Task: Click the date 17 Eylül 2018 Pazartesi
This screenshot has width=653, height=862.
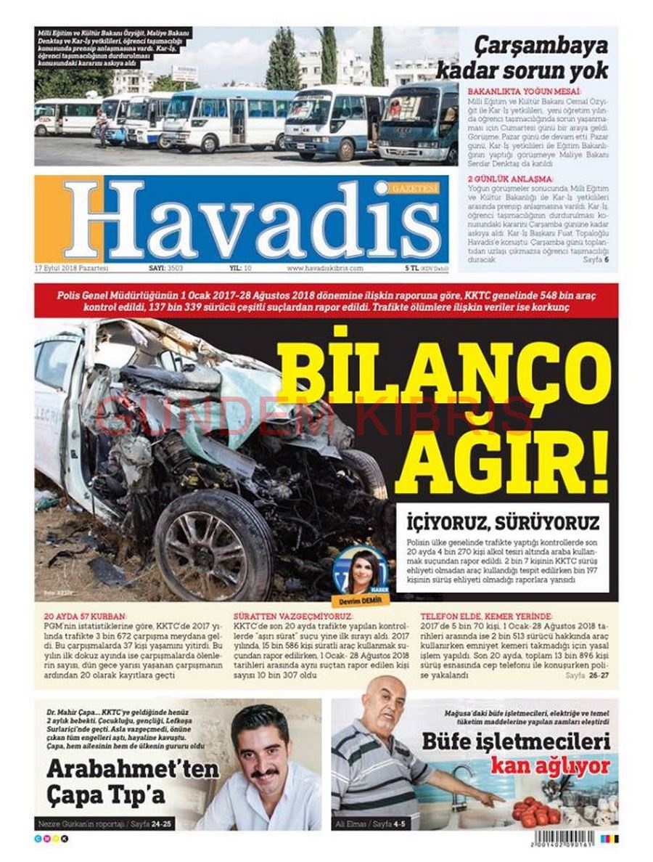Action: click(x=71, y=268)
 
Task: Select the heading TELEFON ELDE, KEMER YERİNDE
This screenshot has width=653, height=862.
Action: click(x=486, y=616)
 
